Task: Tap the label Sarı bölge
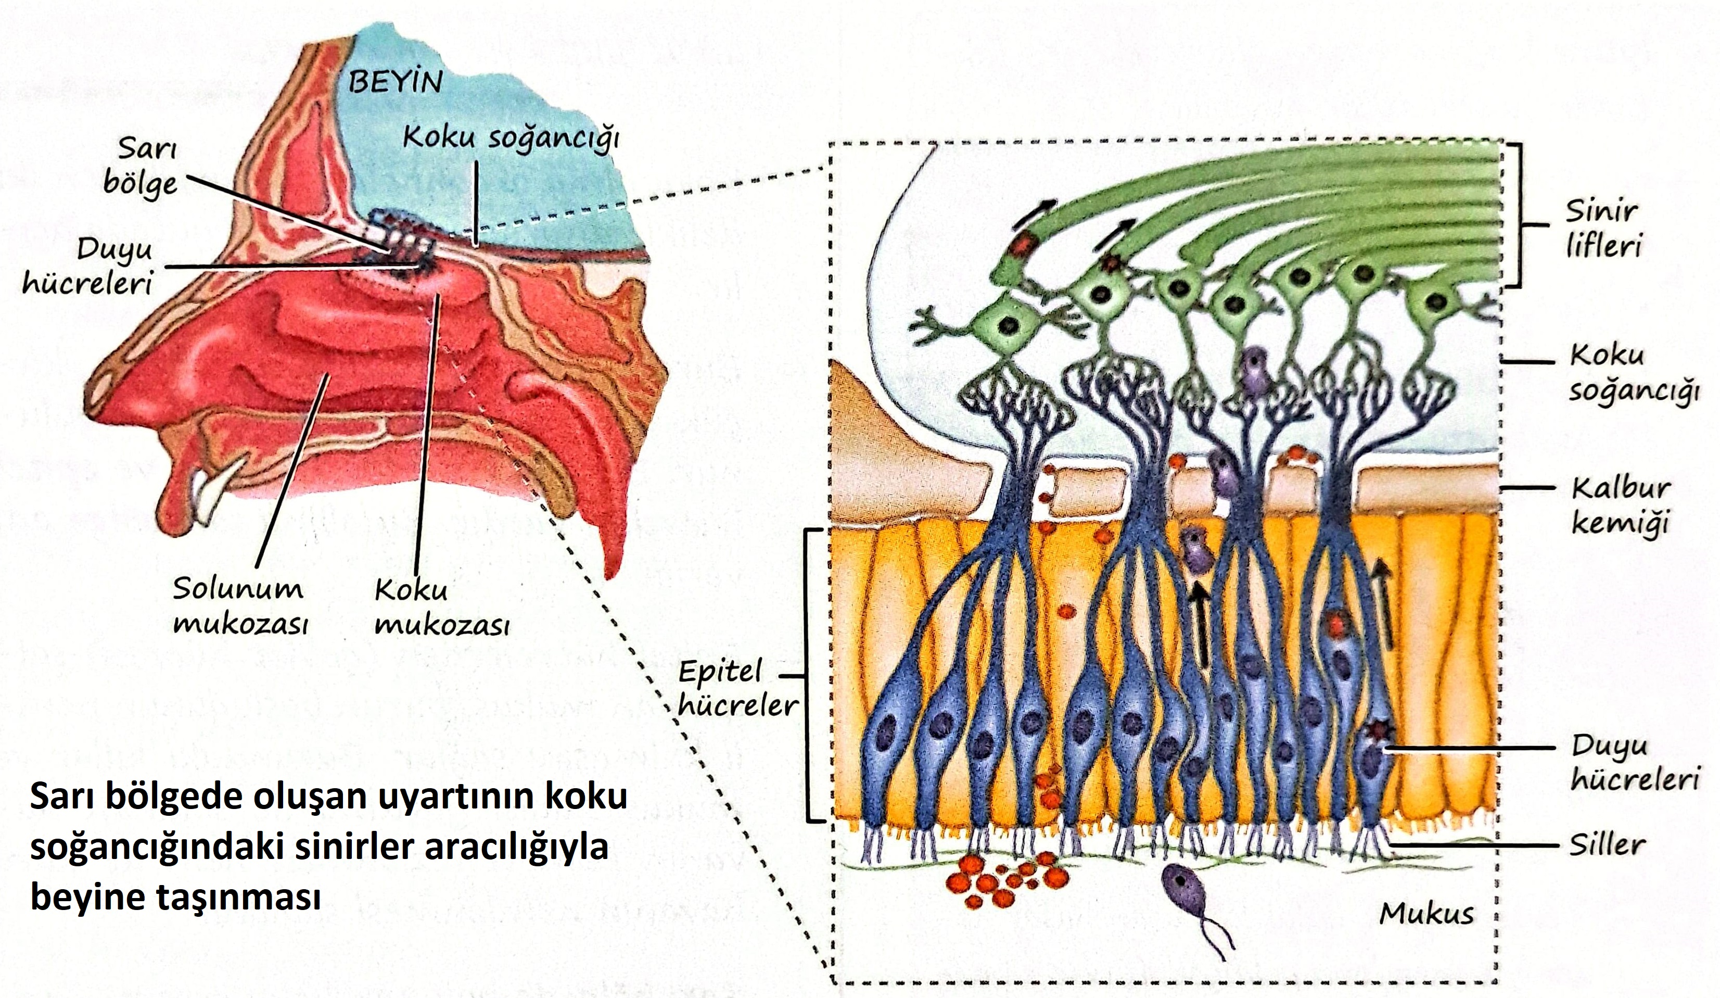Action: [141, 167]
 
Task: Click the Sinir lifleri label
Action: [1602, 228]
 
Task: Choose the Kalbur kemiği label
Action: [1620, 506]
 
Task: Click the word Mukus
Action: [1426, 913]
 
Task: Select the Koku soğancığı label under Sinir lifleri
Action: [1632, 373]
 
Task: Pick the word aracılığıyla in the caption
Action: [516, 847]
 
